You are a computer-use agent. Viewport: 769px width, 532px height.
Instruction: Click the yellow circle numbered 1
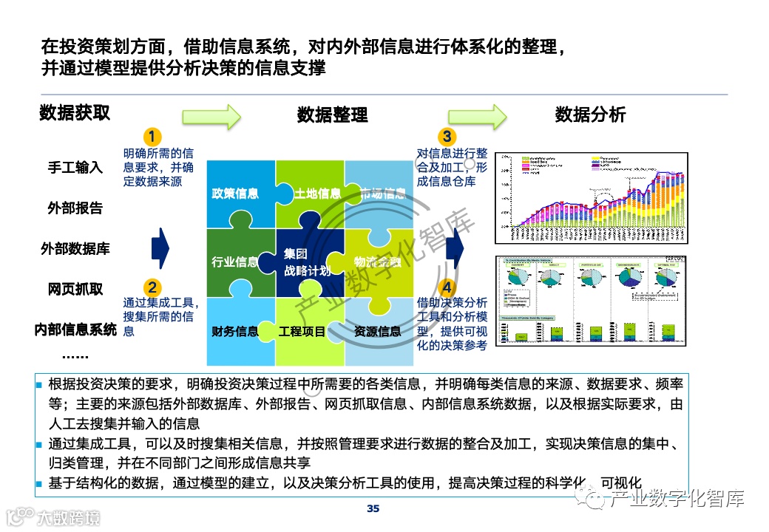point(152,137)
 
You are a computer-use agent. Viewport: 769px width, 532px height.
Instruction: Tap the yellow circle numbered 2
point(152,287)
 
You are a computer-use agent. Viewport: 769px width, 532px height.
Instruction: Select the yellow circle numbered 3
point(447,137)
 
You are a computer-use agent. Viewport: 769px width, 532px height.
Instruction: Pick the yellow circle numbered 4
point(447,287)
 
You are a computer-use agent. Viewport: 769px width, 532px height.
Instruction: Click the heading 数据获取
point(75,113)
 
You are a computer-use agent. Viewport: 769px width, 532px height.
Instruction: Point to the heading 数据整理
point(333,115)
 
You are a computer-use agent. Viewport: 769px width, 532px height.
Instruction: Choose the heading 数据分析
point(590,115)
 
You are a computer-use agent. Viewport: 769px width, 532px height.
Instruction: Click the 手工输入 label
point(75,167)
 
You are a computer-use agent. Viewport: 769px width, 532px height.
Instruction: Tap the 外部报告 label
point(75,208)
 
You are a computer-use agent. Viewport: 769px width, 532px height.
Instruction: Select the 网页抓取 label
point(75,289)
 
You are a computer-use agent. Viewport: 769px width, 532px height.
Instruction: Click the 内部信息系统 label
point(75,330)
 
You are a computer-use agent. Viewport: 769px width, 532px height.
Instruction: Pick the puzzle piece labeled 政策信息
point(235,194)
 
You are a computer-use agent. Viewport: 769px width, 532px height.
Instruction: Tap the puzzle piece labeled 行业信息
point(235,262)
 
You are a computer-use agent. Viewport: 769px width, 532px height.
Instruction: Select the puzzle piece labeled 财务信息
point(235,332)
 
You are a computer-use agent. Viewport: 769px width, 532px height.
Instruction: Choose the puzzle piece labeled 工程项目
point(302,332)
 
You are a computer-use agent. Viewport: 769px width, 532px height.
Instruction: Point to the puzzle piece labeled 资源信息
point(378,332)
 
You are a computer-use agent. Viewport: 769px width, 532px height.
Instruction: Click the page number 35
point(373,508)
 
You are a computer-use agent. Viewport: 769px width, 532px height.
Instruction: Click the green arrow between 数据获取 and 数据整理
point(211,115)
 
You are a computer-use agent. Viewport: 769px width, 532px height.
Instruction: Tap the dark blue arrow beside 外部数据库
point(160,248)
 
